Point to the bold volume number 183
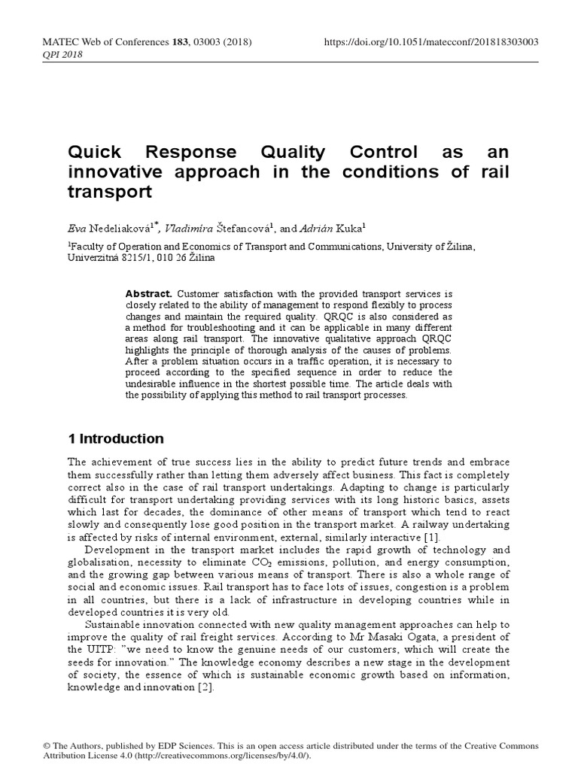[x=181, y=42]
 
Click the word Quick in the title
[x=95, y=153]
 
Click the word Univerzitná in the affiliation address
[x=96, y=257]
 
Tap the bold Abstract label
[x=149, y=293]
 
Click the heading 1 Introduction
[x=115, y=439]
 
